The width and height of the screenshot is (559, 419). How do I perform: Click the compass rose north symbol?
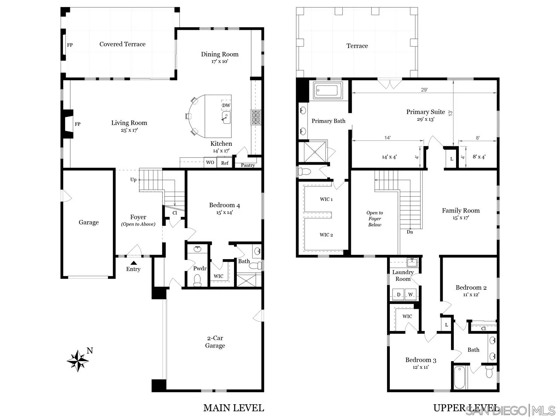point(78,361)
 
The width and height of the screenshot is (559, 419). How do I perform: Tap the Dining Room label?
point(219,54)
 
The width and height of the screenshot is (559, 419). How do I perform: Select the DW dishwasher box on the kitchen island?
point(226,106)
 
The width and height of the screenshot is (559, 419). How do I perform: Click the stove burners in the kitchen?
point(256,117)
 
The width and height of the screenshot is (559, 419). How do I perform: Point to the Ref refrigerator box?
point(225,163)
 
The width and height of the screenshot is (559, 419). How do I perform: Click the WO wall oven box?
point(210,163)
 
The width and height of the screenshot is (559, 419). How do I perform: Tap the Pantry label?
point(248,165)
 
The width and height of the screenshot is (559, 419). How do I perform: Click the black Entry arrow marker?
point(133,263)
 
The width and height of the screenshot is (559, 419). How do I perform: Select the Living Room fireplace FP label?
point(78,124)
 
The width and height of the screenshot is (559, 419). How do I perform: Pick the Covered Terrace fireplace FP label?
point(70,45)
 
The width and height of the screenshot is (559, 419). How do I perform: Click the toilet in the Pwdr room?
point(198,280)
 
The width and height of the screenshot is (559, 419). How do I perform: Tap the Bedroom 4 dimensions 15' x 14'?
point(224,213)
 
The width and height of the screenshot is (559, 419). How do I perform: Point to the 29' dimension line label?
point(424,90)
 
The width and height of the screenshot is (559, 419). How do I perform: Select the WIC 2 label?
point(326,235)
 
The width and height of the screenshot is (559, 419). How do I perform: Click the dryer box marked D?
point(398,294)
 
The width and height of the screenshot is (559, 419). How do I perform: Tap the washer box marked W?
point(411,294)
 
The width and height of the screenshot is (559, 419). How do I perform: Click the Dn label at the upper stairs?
point(410,232)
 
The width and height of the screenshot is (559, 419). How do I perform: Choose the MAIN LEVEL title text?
point(233,408)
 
